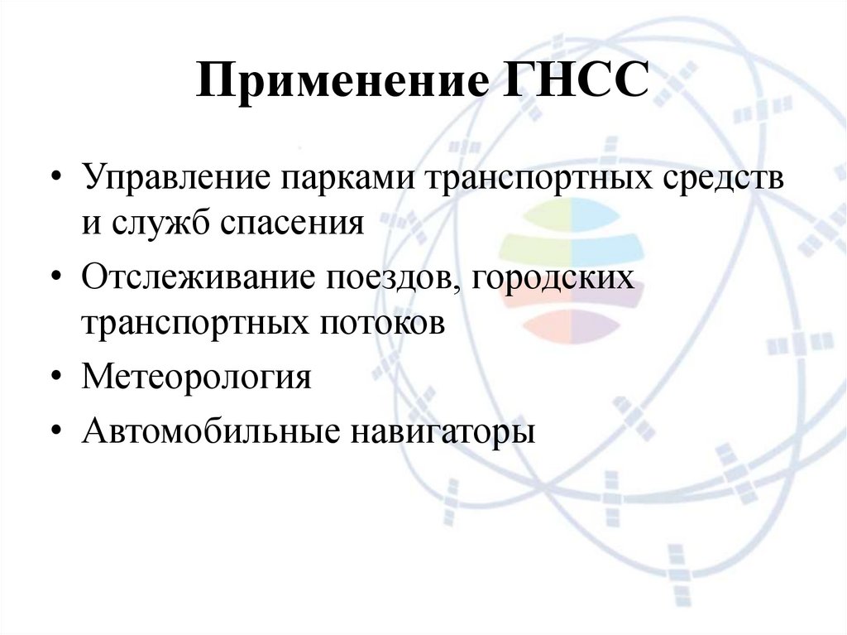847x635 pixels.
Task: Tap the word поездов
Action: pos(389,278)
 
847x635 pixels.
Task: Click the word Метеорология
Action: pos(197,378)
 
